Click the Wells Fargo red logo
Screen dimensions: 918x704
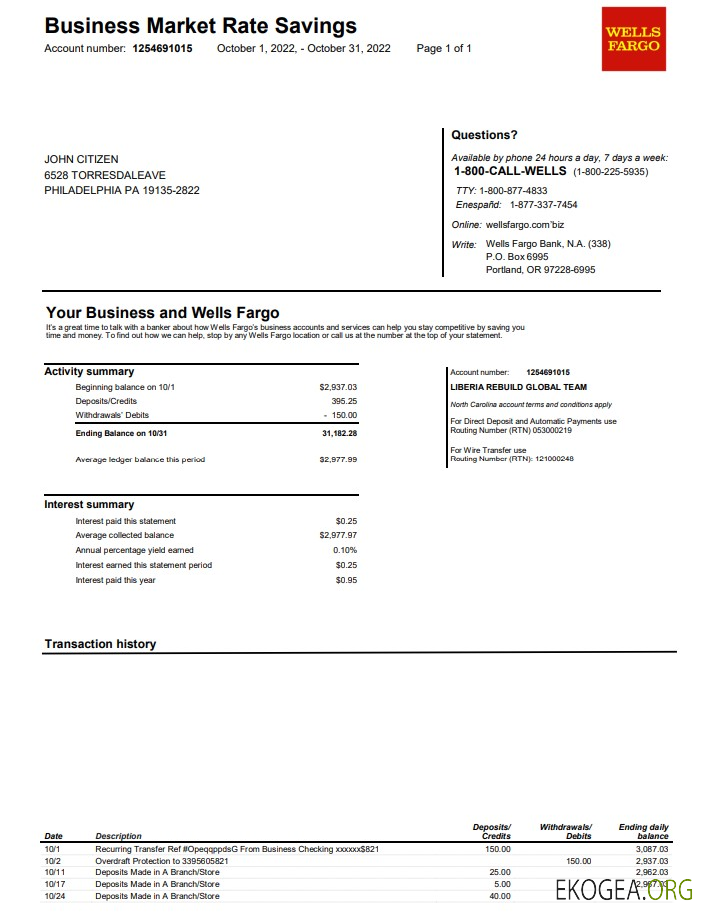pos(633,39)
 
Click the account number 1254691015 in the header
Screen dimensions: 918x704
pos(162,48)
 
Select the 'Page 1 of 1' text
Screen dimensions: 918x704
pos(444,48)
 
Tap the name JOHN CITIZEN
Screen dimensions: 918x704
pos(81,159)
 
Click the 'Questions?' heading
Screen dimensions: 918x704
pos(484,135)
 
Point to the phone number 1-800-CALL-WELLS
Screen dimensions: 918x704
pos(510,171)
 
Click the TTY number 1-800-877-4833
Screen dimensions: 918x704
pos(513,190)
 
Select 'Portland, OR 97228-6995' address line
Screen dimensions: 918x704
pos(540,270)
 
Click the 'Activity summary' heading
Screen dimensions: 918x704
pos(89,372)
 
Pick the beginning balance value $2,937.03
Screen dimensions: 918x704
pos(338,387)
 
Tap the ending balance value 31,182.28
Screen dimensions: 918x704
pos(339,434)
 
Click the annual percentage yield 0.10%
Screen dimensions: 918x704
pos(345,550)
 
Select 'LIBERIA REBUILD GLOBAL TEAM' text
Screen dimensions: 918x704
pos(519,387)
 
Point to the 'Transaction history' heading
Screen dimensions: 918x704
pos(100,644)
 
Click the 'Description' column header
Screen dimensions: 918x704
pos(118,836)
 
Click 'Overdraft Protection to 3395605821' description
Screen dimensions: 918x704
pos(161,860)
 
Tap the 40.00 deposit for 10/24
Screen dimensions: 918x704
pos(500,896)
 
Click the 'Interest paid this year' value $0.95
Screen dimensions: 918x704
pos(346,580)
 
